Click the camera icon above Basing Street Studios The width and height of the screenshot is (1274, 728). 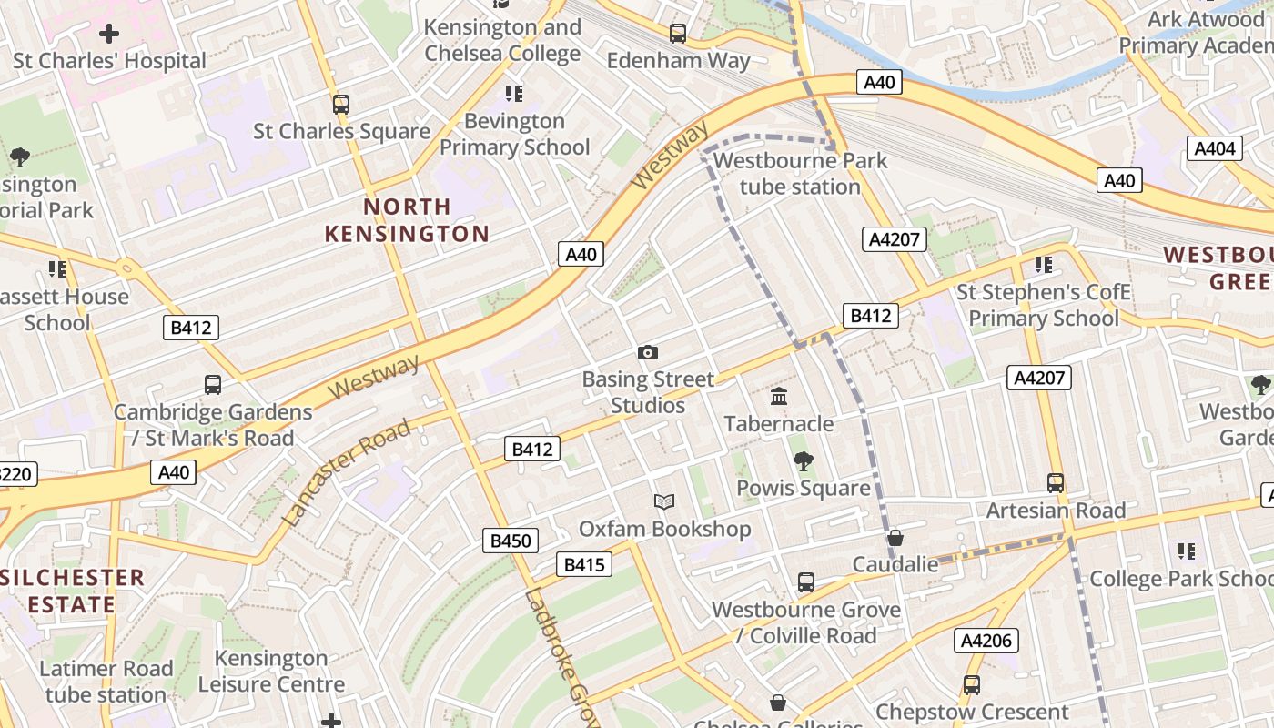tap(648, 352)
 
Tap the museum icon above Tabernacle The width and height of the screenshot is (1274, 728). tap(779, 397)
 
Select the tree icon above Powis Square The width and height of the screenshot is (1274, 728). tap(803, 461)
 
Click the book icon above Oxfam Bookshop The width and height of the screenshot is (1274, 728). tap(665, 501)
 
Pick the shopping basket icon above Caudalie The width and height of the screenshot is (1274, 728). tap(895, 538)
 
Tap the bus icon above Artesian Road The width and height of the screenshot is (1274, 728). tap(1056, 483)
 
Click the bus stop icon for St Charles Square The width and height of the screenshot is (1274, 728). tap(341, 105)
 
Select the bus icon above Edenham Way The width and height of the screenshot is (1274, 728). tap(678, 34)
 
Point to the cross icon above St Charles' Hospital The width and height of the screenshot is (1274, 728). tap(109, 35)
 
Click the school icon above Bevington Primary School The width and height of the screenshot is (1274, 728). tap(514, 94)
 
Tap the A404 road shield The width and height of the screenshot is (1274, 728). tap(1215, 148)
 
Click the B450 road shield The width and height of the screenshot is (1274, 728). tap(511, 541)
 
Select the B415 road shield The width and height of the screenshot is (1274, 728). tap(584, 564)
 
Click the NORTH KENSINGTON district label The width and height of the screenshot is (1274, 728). tap(408, 220)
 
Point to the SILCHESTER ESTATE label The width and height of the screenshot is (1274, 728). tap(73, 591)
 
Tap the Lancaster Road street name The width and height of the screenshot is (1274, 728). tap(346, 473)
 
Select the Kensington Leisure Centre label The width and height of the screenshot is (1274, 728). tap(271, 671)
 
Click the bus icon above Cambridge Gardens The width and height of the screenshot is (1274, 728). tap(213, 385)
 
